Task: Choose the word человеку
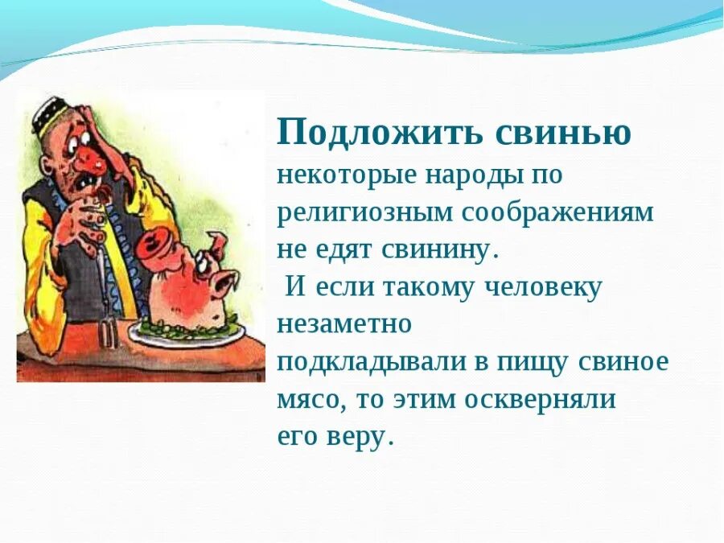[542, 287]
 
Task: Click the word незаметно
[343, 324]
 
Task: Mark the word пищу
[542, 362]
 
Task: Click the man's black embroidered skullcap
[56, 113]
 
